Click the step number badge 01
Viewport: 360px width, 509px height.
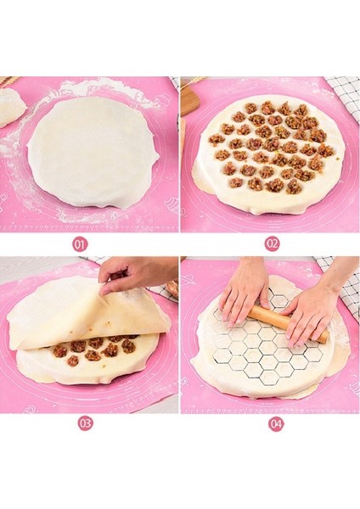tap(81, 243)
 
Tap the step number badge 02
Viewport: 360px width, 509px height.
tap(272, 243)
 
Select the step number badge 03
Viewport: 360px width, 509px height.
tap(85, 422)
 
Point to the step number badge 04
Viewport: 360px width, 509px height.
tap(275, 422)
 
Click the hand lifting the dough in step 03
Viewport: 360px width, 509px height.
tap(136, 273)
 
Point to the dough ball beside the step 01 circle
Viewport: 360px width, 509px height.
tap(11, 108)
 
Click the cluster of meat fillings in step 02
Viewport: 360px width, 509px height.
tap(268, 144)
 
